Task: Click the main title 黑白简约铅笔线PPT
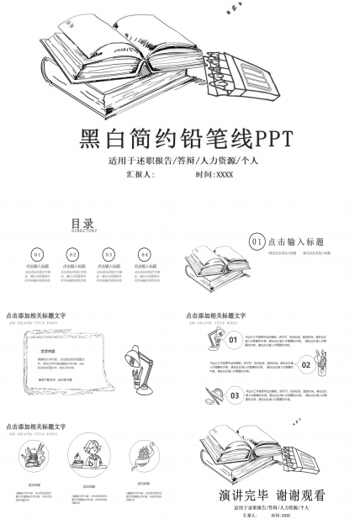pos(179,138)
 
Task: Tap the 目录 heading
pos(82,223)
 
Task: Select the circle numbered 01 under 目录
pos(37,254)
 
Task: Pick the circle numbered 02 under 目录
pos(73,254)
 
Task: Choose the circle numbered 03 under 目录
pos(109,254)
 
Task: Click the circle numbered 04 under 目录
pos(145,254)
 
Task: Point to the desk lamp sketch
pos(139,368)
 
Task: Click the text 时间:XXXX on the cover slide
pos(214,174)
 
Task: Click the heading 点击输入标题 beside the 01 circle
pos(297,241)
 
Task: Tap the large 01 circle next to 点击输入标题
pos(257,241)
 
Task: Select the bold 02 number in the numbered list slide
pos(306,365)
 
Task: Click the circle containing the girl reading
pos(90,458)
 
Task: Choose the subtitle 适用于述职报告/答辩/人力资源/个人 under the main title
pos(179,159)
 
